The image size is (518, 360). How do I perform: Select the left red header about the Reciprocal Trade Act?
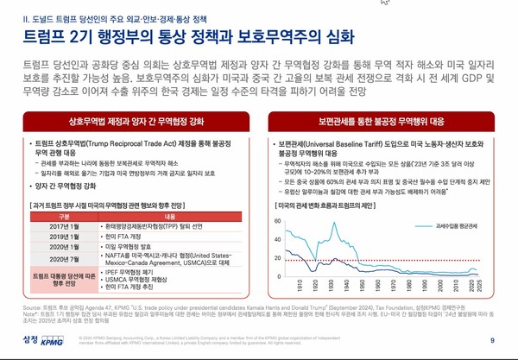(x=129, y=120)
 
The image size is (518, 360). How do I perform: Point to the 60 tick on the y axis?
(x=278, y=197)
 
